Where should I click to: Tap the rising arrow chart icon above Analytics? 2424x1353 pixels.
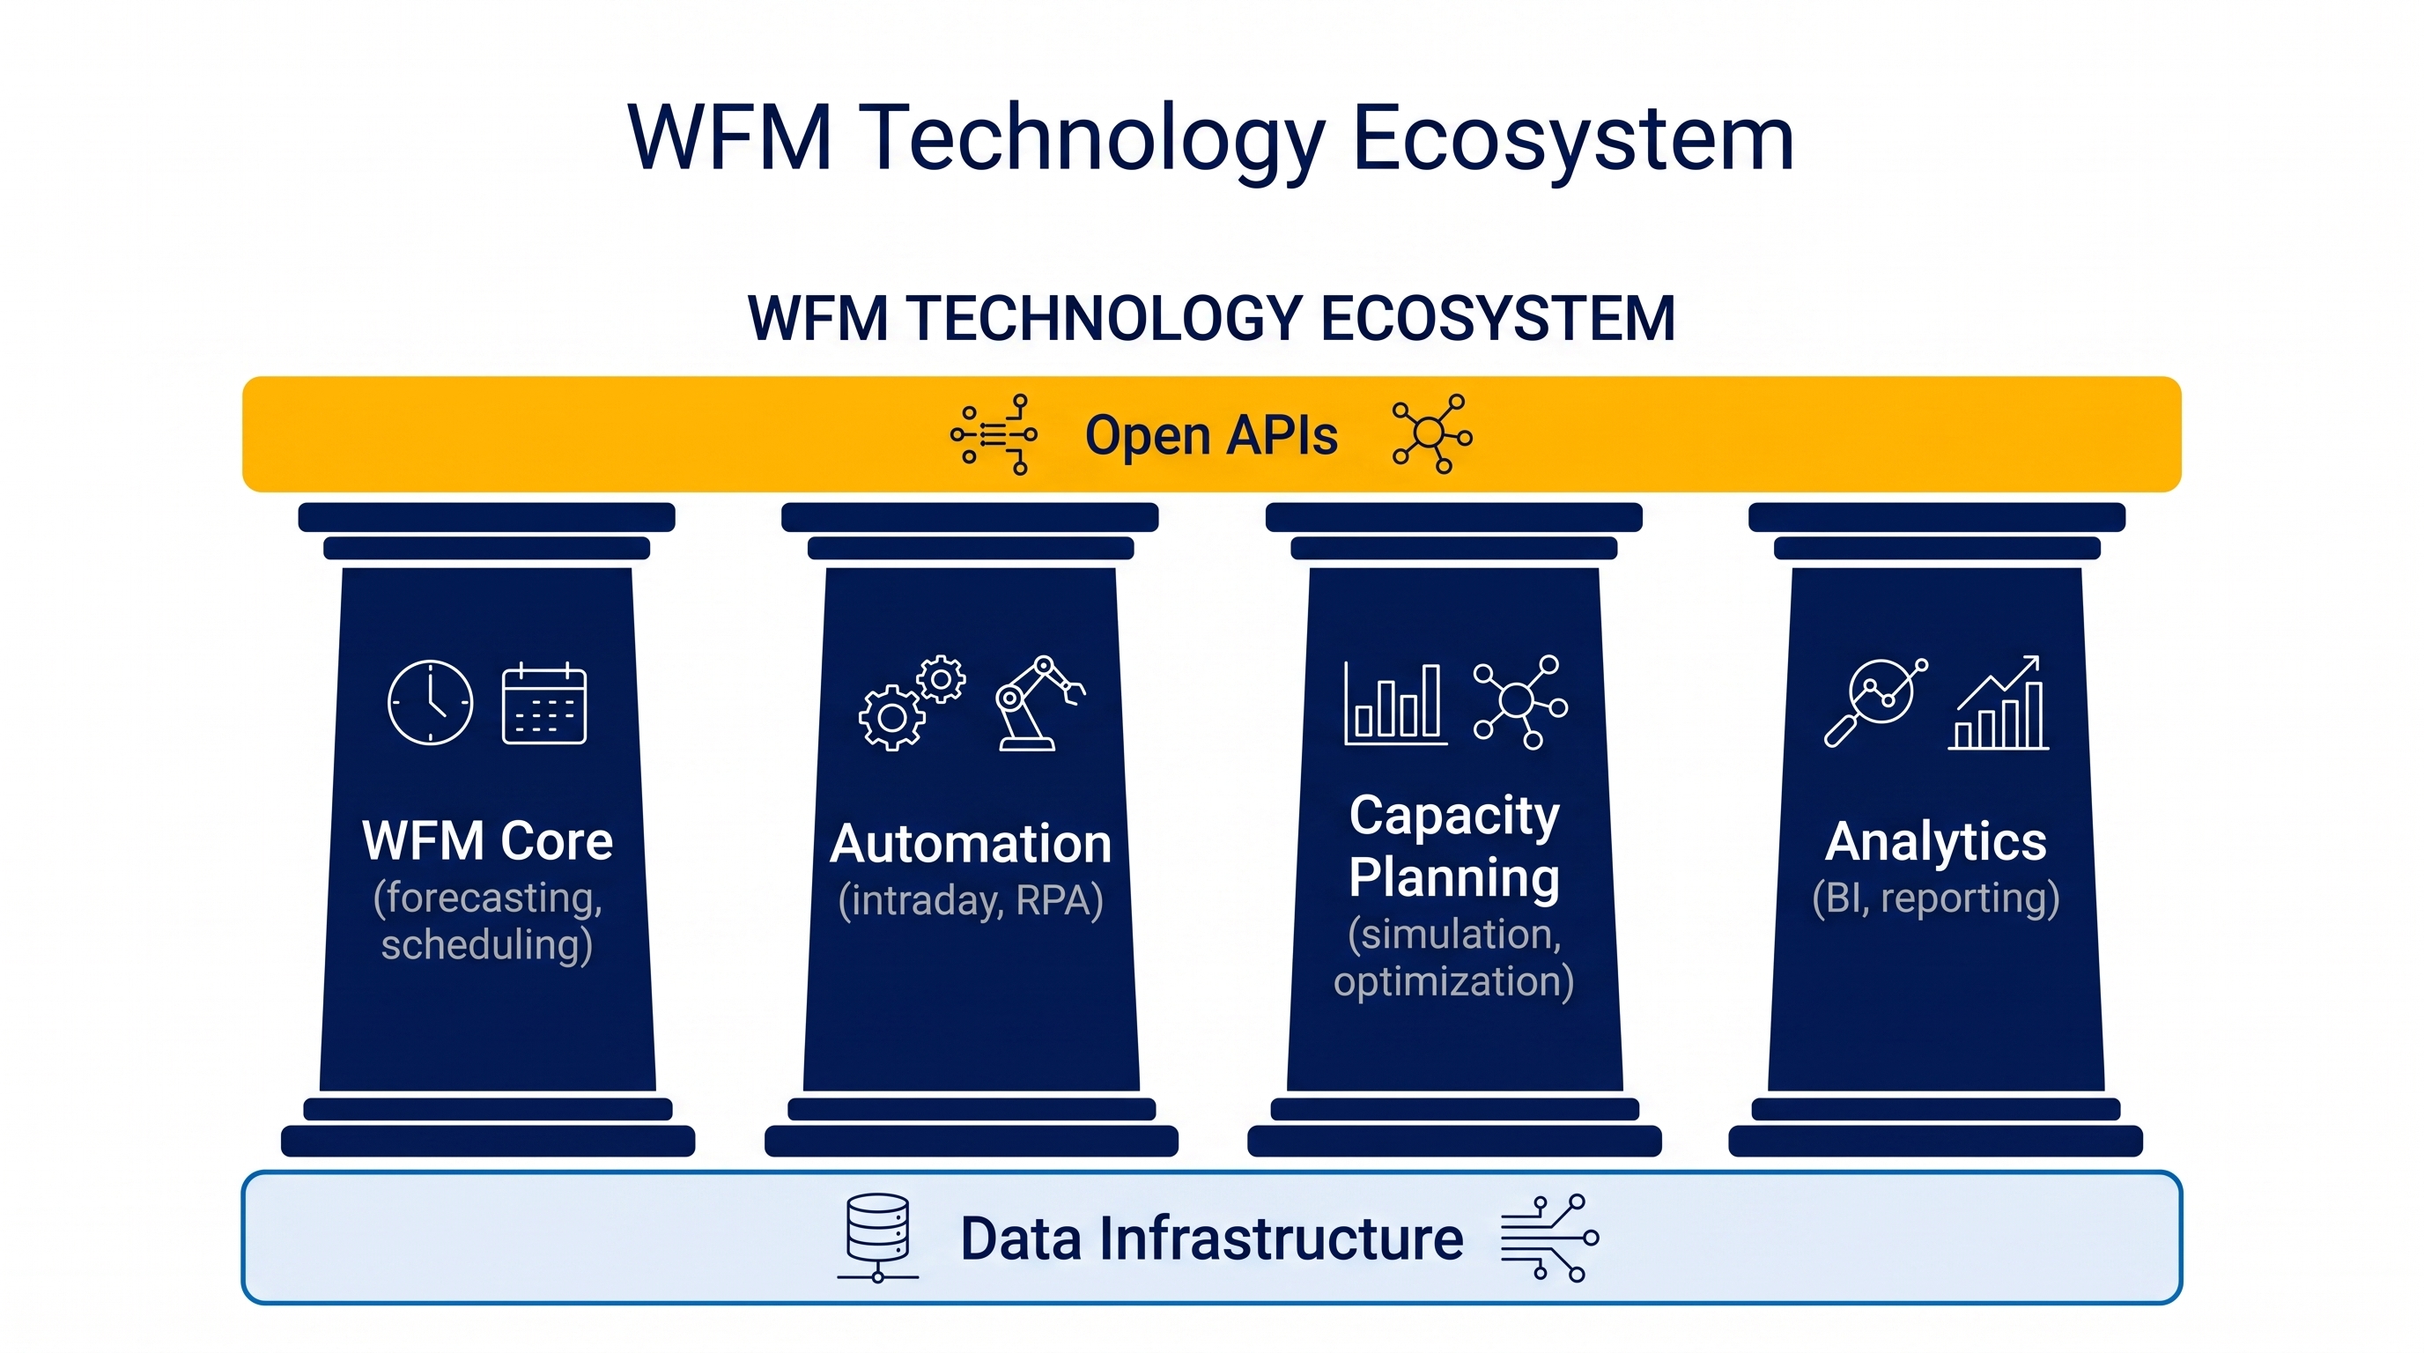[x=1998, y=702]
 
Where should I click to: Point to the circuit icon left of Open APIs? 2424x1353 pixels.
[x=994, y=433]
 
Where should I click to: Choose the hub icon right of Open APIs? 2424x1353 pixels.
[x=1432, y=433]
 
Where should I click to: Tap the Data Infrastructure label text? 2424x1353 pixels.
[x=1211, y=1238]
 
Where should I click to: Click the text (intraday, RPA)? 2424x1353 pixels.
[x=970, y=900]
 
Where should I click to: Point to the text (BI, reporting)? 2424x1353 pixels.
[x=1936, y=898]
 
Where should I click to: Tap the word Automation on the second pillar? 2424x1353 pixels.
[x=970, y=843]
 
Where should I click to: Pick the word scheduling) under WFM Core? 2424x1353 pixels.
[x=486, y=944]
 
